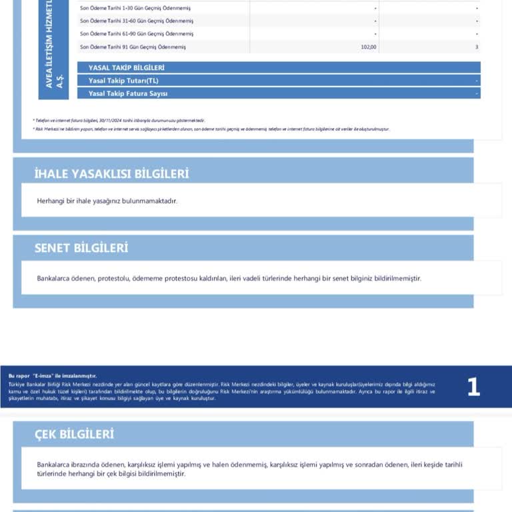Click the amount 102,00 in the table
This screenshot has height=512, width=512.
[x=369, y=47]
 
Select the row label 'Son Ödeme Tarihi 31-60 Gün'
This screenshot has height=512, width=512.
[x=136, y=21]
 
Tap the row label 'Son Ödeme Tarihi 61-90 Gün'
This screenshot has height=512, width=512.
[x=136, y=33]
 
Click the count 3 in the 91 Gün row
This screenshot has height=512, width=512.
[x=477, y=47]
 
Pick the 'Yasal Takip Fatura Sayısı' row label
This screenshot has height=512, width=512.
[x=128, y=93]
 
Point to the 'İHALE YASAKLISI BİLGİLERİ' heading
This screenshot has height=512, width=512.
[x=111, y=174]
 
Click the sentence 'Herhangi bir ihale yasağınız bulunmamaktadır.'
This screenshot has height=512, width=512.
[x=107, y=201]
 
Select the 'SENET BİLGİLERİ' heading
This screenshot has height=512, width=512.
[x=81, y=248]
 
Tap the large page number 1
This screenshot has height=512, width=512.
[x=473, y=387]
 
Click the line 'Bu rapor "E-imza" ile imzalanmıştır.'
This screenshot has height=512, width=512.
[x=52, y=376]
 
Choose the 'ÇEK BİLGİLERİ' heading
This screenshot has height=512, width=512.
[x=74, y=434]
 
